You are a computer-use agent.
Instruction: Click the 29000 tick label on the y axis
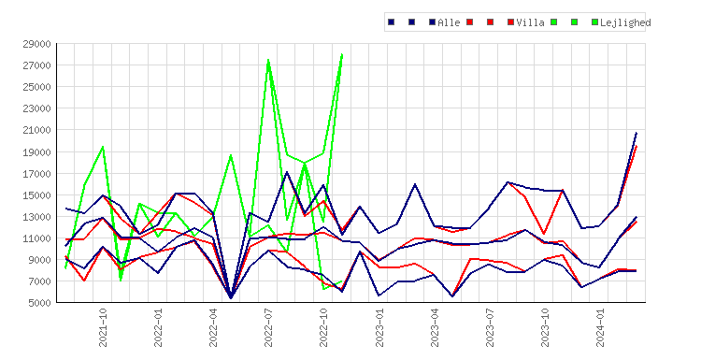tap(36, 44)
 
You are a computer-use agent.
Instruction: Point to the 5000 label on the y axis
tap(39, 303)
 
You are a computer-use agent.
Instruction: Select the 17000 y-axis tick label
tap(36, 174)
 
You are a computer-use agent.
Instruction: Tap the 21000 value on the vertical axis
tap(36, 130)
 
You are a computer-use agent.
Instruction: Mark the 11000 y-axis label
tap(36, 238)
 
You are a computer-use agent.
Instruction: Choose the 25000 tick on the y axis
tap(36, 87)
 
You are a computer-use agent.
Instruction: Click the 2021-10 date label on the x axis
tap(103, 327)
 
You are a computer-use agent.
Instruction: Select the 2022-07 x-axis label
tap(268, 327)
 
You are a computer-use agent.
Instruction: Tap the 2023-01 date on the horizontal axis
tap(379, 327)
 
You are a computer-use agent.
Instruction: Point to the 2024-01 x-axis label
tap(600, 327)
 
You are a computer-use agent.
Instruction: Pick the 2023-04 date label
tap(435, 327)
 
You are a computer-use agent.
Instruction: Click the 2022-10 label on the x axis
tap(323, 327)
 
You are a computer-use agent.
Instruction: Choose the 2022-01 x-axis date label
tap(158, 327)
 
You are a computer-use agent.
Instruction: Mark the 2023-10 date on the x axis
tap(545, 327)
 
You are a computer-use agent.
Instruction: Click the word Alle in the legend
tap(449, 22)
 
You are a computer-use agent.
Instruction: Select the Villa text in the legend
tap(530, 22)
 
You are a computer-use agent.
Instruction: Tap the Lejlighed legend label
tap(625, 22)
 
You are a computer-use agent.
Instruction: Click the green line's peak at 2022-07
tap(268, 60)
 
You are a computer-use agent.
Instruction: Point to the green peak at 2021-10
tap(103, 147)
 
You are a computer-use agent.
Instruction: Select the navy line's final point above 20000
tap(637, 133)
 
